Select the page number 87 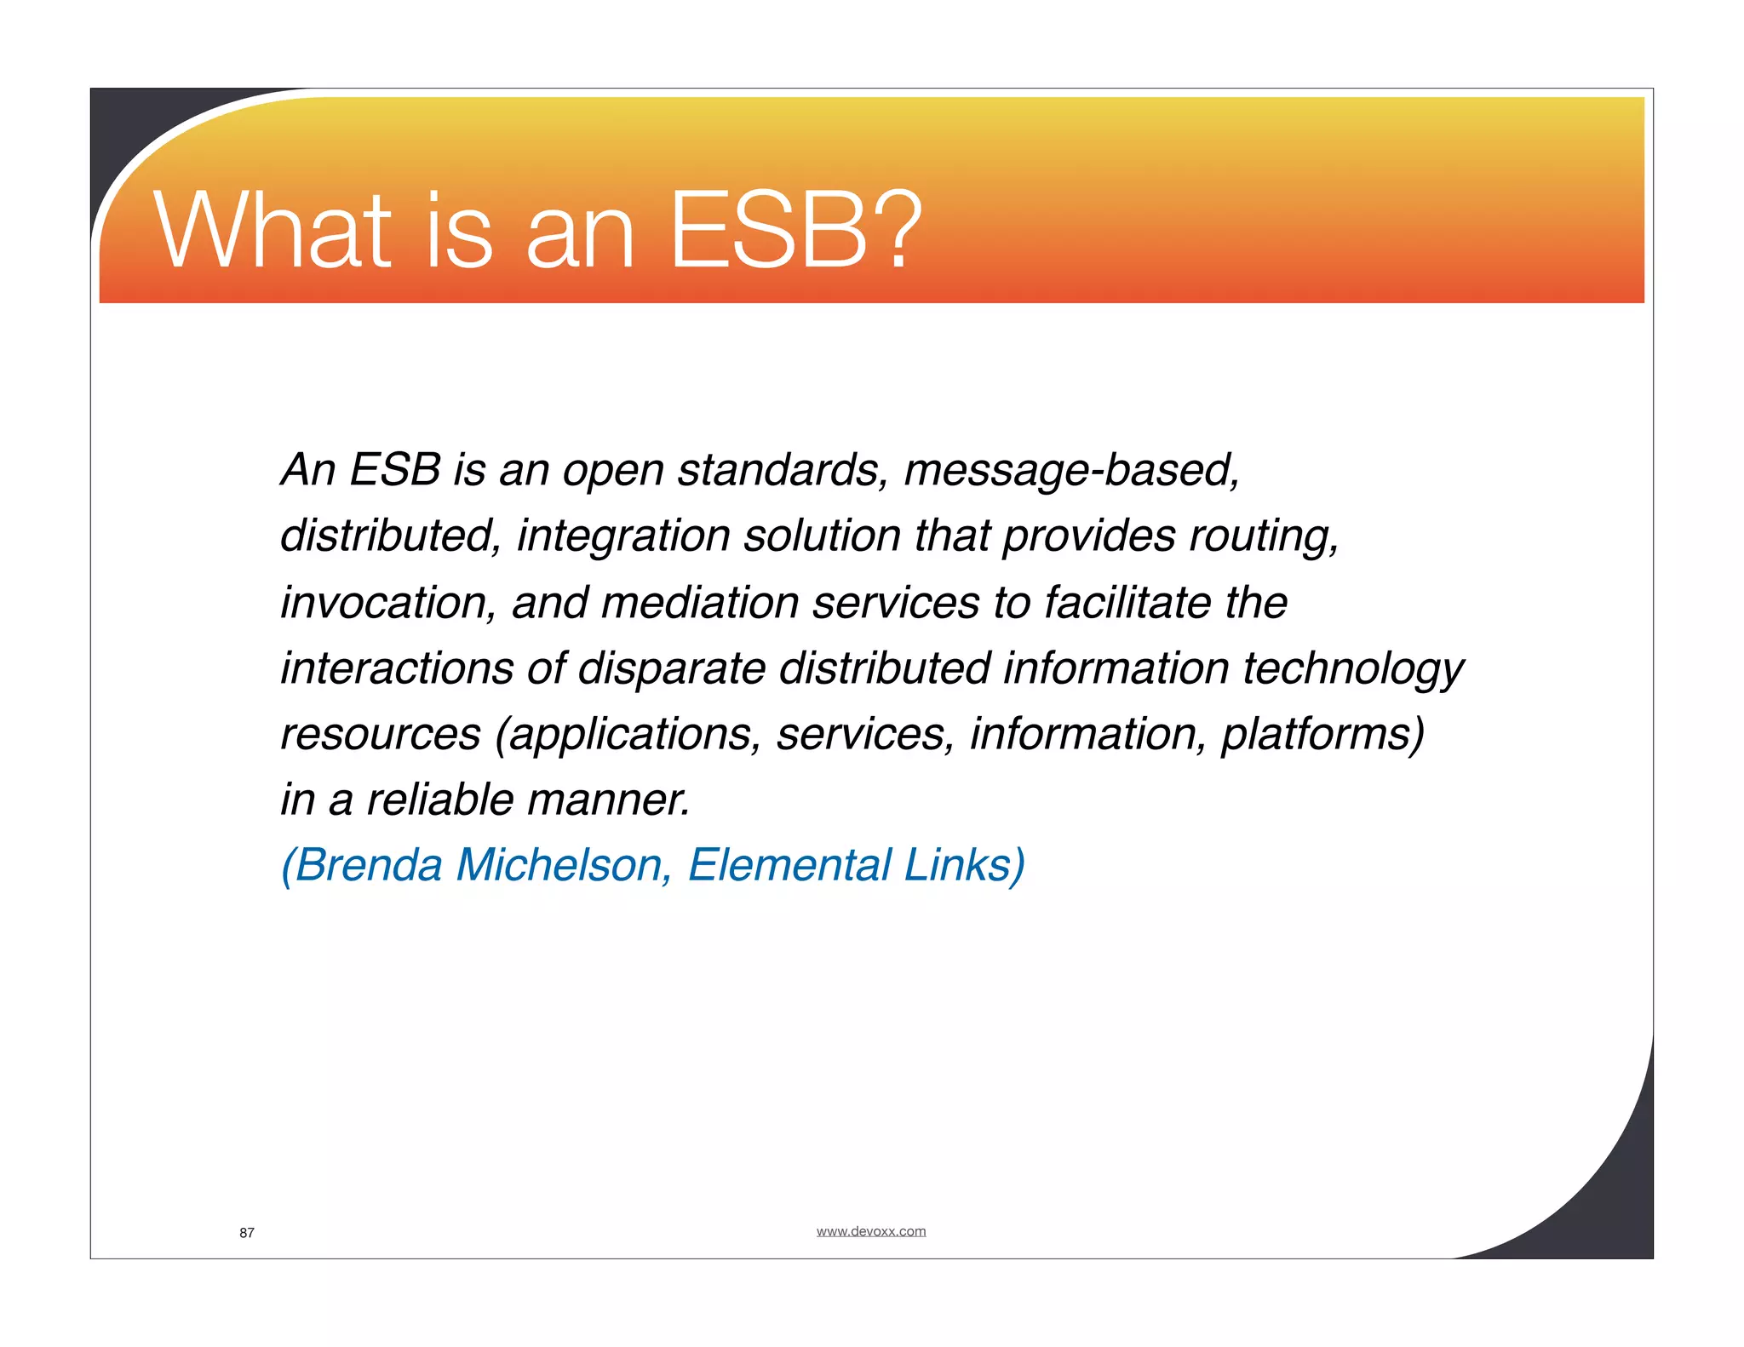click(x=247, y=1233)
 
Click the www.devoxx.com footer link click(x=870, y=1231)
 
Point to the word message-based click(x=1071, y=470)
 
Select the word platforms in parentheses click(x=1320, y=735)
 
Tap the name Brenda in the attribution click(x=368, y=866)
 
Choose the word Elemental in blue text click(x=789, y=866)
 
